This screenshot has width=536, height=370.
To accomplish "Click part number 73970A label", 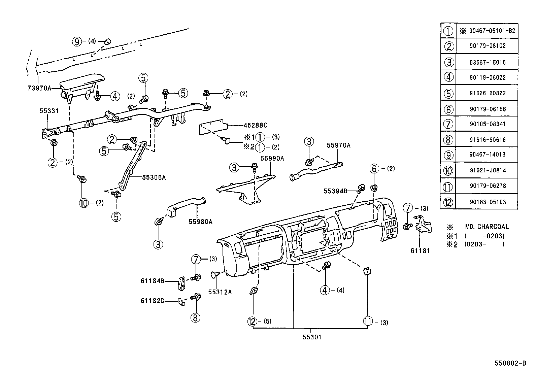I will point(39,89).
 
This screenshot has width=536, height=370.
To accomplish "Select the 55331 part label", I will point(49,110).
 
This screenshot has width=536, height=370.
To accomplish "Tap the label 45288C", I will point(255,125).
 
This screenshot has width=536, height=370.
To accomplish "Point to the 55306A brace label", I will point(154,177).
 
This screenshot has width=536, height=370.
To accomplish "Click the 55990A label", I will point(272,158).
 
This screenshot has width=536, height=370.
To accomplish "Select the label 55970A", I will point(338,145).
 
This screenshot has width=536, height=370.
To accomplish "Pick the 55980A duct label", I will point(200,222).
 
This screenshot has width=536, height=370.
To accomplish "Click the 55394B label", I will point(335,191).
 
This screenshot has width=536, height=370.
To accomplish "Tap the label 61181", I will point(420,250).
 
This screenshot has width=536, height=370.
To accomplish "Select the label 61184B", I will point(153,280).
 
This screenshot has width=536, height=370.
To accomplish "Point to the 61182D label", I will point(153,301).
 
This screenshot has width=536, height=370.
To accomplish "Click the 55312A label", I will point(220,292).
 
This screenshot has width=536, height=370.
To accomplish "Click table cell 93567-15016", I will point(488,62).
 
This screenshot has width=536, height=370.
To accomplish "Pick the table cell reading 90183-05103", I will point(488,202).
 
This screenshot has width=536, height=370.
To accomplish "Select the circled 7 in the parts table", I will point(448,124).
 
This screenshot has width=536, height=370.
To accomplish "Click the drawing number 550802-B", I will point(510,363).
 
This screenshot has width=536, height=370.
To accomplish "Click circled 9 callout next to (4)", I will point(77,41).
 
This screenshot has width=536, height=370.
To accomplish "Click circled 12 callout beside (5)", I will point(252,322).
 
